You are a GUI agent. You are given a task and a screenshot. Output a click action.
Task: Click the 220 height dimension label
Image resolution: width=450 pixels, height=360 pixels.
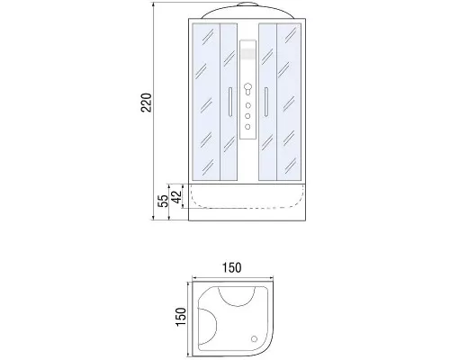coord(147,103)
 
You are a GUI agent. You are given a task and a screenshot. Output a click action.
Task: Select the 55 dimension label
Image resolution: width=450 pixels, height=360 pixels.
coord(163,201)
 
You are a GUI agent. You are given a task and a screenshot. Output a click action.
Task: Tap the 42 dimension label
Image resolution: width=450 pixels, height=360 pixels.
coord(176,197)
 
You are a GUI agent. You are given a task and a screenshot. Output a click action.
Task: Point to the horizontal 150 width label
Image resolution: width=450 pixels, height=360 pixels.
coord(231,267)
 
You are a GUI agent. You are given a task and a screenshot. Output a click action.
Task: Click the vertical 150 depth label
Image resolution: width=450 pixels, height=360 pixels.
coord(181,317)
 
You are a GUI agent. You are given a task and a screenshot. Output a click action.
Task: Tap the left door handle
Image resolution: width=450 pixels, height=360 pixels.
coord(229,102)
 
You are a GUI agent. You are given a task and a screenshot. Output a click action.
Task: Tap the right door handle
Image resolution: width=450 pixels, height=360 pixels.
coord(265,102)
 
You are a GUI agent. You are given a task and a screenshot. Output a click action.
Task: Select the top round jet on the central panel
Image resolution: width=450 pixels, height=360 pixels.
coord(247,105)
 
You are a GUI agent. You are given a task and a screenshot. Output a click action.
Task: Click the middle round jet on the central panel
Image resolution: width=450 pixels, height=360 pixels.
coord(247,116)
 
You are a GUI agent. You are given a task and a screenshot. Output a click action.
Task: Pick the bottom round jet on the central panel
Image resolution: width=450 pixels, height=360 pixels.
coord(247,127)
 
